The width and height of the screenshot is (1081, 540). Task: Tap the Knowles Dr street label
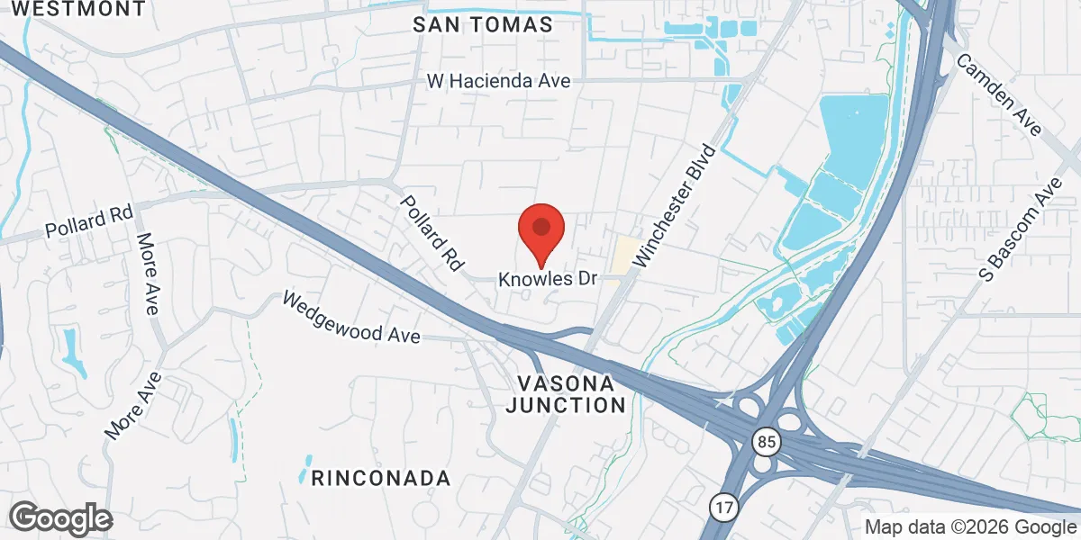(550, 279)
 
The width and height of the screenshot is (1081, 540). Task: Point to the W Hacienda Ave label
(498, 81)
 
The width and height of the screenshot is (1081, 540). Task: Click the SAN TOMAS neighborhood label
(483, 25)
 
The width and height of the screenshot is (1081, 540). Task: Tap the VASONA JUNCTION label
(565, 392)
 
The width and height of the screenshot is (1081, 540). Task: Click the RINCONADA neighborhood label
(380, 477)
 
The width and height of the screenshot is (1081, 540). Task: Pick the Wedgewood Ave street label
(351, 317)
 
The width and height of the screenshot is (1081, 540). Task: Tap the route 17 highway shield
(722, 506)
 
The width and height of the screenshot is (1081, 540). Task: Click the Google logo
(60, 518)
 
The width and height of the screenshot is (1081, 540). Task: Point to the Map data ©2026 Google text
(971, 526)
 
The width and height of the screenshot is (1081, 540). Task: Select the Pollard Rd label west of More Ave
(88, 222)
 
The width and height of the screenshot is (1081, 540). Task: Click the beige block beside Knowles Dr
(622, 257)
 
